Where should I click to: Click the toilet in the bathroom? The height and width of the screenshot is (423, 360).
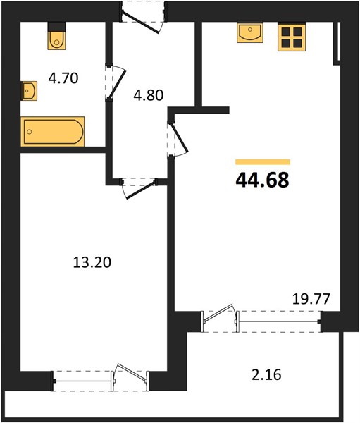(56, 36)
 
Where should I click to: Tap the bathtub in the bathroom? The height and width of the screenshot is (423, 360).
(53, 132)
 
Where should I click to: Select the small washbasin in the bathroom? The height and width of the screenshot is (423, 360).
(29, 91)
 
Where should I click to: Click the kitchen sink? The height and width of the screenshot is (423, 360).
(249, 32)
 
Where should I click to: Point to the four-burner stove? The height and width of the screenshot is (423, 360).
(292, 37)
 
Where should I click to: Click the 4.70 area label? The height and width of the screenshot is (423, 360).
(63, 78)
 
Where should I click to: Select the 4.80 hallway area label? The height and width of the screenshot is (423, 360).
(149, 95)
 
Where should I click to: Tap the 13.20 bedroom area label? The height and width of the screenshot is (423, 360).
(92, 262)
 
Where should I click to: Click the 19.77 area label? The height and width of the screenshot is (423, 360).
(311, 299)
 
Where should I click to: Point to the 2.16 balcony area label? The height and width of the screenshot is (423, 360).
(266, 375)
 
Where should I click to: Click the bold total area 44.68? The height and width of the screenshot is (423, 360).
(262, 180)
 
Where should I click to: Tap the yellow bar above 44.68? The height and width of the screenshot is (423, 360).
(263, 162)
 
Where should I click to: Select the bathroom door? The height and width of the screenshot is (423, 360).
(116, 82)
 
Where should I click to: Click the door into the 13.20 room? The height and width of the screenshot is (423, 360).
(139, 188)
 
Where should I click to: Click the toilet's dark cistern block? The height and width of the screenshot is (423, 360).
(56, 27)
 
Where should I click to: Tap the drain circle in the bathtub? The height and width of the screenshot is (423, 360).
(30, 132)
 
